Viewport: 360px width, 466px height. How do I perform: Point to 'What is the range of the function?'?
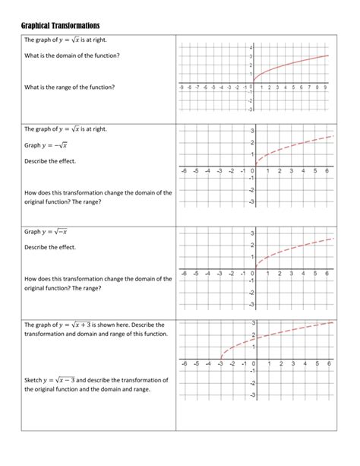(69, 87)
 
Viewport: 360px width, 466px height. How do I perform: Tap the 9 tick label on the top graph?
(325, 87)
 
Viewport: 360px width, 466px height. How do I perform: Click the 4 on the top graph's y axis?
(250, 48)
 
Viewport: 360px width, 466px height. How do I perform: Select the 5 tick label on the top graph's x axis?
(293, 87)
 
